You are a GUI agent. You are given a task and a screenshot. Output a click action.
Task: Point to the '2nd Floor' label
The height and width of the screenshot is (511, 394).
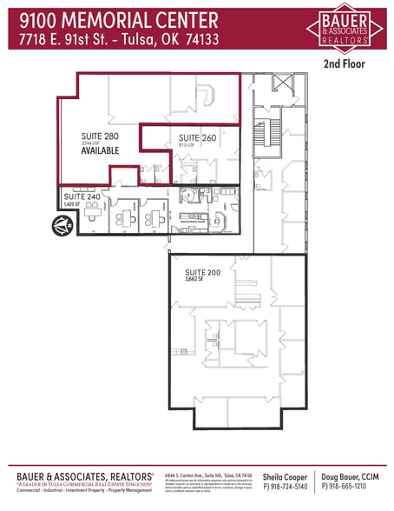point(345,63)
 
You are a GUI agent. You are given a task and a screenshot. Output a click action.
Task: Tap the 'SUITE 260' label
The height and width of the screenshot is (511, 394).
point(196,138)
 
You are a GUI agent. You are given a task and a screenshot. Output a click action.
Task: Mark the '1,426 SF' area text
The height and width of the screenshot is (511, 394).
point(73,206)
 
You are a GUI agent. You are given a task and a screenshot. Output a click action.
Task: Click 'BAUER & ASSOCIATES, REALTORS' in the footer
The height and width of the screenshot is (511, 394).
point(84,476)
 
